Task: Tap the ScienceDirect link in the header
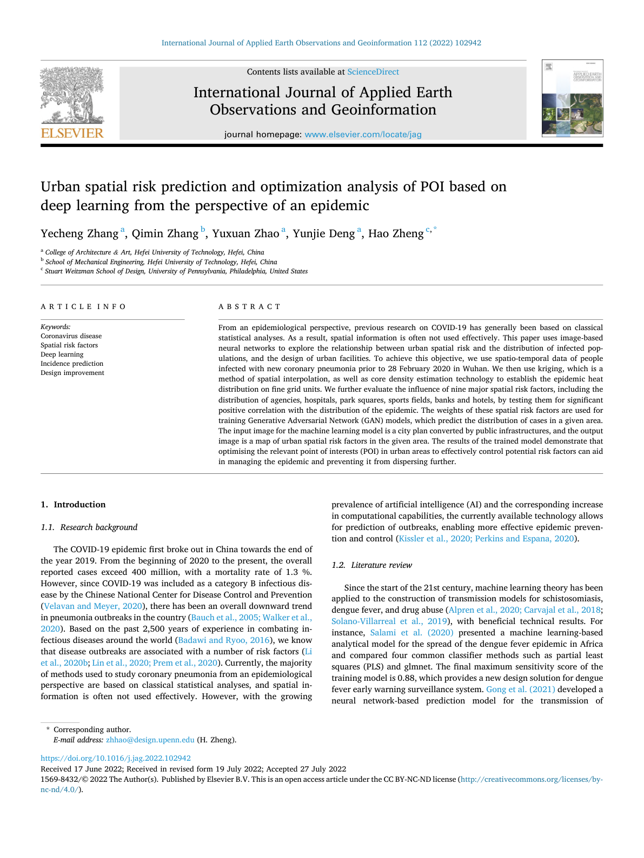[373, 72]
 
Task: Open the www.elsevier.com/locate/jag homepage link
[363, 135]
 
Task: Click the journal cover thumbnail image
[572, 98]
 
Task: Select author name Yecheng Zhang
[79, 233]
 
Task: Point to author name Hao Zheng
[396, 233]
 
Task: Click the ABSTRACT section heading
[249, 307]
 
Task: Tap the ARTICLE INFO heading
[83, 307]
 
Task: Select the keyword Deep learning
[62, 354]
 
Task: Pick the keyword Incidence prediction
[72, 364]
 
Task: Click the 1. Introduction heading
[73, 505]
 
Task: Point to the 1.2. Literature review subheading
[371, 565]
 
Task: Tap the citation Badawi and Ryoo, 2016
[224, 640]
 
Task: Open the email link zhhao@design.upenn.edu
[150, 740]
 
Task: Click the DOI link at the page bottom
[116, 758]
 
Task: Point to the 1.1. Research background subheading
[89, 527]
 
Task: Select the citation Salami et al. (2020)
[411, 633]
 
